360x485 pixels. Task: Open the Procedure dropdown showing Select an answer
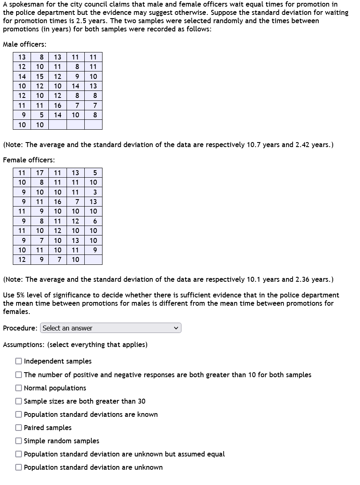[x=110, y=328]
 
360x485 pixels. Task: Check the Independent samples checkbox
[x=19, y=361]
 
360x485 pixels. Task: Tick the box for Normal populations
[x=19, y=388]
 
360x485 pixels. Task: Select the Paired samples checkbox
[x=19, y=428]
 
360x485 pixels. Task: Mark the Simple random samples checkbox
[x=19, y=441]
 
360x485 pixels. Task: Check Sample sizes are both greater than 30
[x=19, y=401]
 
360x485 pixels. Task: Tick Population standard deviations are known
[x=19, y=414]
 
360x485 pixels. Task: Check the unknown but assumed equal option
[x=19, y=454]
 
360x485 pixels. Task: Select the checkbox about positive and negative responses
[x=19, y=375]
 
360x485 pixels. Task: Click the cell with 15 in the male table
[x=40, y=76]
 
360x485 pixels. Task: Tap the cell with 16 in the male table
[x=57, y=105]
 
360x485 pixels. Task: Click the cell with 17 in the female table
[x=40, y=173]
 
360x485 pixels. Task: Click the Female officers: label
[x=29, y=160]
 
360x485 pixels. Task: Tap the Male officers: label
[x=24, y=44]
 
